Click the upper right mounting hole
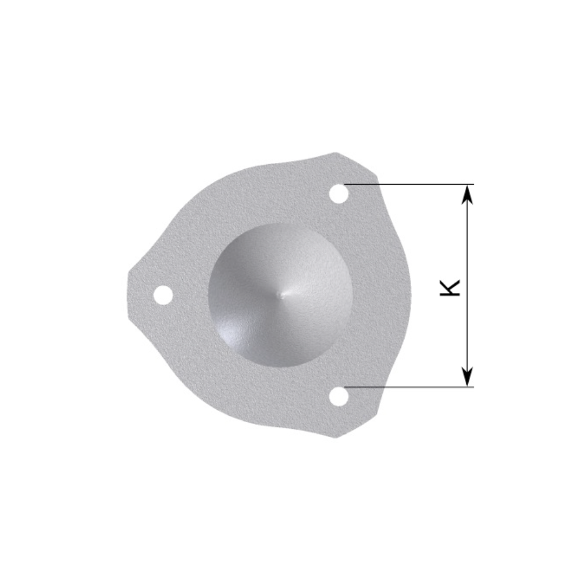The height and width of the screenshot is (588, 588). [x=338, y=193]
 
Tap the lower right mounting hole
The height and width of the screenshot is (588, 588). [x=338, y=396]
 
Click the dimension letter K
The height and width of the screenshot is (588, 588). [x=450, y=287]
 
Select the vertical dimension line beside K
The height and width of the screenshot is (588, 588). [x=467, y=329]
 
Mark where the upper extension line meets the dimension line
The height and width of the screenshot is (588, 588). [x=467, y=185]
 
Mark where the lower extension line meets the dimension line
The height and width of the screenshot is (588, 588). [x=467, y=387]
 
